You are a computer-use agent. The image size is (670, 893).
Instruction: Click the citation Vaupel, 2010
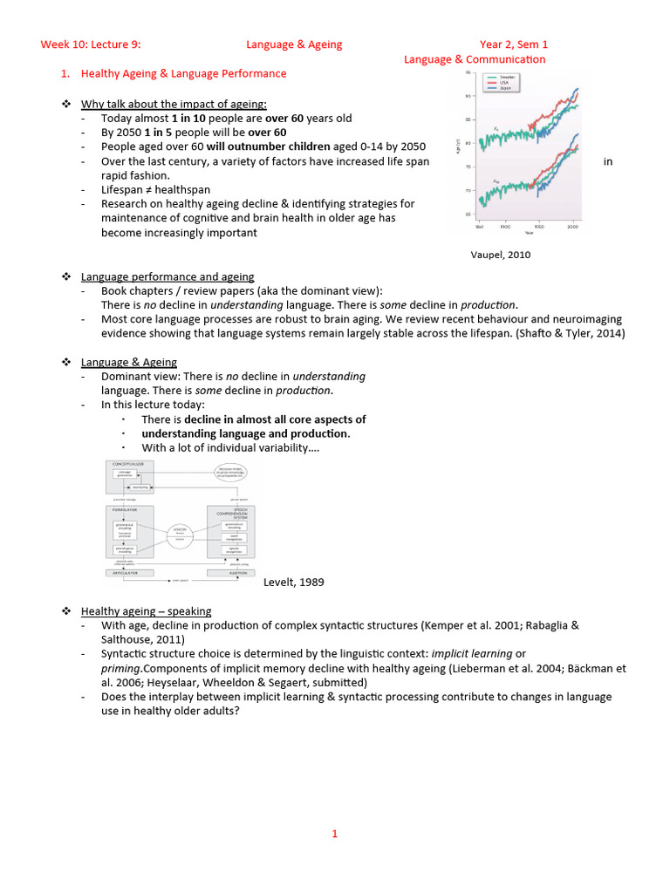pyautogui.click(x=500, y=255)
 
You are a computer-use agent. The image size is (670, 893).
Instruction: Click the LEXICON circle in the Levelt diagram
pyautogui.click(x=180, y=533)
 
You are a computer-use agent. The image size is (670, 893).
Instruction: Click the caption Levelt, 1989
pyautogui.click(x=294, y=582)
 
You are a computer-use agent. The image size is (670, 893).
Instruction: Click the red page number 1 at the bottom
pyautogui.click(x=334, y=834)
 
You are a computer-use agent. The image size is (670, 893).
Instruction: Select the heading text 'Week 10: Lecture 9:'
pyautogui.click(x=91, y=44)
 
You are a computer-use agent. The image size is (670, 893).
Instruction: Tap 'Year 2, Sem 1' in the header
pyautogui.click(x=514, y=44)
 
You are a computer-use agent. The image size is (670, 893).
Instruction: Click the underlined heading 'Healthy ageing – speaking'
pyautogui.click(x=146, y=610)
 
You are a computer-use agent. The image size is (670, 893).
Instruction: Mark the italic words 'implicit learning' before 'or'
pyautogui.click(x=473, y=653)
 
